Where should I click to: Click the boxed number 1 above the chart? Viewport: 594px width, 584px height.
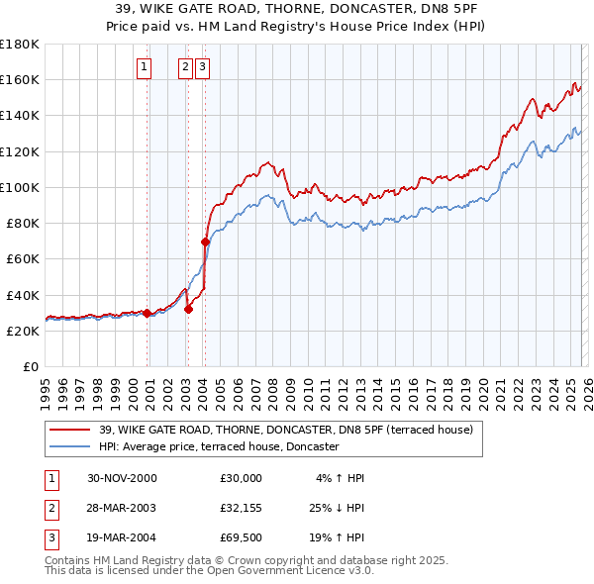coord(145,67)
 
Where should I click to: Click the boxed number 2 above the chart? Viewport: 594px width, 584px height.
coord(185,67)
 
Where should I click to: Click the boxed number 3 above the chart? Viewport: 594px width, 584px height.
coord(202,67)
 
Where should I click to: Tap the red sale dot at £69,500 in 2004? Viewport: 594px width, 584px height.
coord(205,242)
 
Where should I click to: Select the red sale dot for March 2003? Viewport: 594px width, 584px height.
coord(188,308)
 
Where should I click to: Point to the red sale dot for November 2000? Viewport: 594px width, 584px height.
coord(148,313)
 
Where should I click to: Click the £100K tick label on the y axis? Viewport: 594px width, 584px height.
coord(20,187)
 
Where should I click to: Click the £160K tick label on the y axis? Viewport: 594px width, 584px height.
coord(20,79)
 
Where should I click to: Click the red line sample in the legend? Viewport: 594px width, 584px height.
coord(71,430)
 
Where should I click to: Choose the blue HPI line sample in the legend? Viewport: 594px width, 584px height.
coord(71,447)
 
